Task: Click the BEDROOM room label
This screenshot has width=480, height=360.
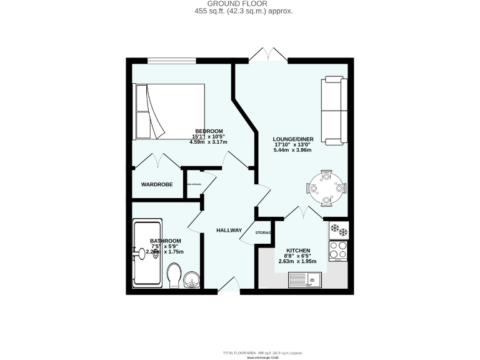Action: point(209,131)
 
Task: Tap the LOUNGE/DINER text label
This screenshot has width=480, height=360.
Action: point(293,138)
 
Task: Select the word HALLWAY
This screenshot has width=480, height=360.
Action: point(229,231)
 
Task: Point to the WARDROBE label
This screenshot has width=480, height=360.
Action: point(156,184)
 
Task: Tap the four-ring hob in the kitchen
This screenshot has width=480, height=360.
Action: point(338,250)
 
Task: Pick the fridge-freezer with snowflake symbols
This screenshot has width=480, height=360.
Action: point(338,229)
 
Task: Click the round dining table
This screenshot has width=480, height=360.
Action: point(326,186)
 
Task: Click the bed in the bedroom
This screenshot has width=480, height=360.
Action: point(169,111)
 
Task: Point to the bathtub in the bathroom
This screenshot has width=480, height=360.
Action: point(147,254)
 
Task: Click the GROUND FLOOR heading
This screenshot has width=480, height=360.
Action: point(240,4)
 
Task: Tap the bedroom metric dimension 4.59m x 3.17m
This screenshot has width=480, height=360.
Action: point(209,142)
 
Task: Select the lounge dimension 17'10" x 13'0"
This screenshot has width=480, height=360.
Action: point(293,144)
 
